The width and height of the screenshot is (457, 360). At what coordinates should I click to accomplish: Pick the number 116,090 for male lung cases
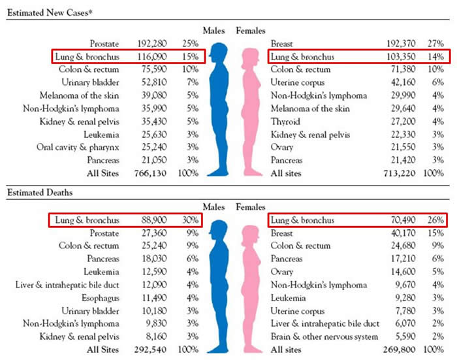(150, 57)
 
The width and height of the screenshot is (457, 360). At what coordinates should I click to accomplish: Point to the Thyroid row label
(286, 122)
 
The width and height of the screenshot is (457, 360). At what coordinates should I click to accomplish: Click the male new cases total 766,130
(150, 173)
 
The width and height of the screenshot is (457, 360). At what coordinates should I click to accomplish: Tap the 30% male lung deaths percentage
(191, 221)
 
